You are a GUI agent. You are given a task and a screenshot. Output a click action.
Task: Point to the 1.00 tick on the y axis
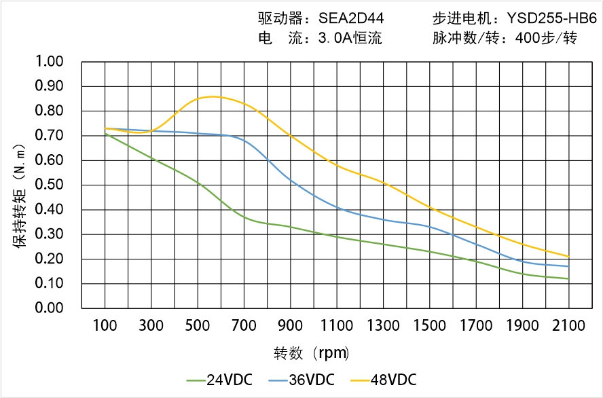(x=48, y=62)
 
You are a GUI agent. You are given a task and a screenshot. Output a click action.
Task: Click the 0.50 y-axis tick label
(x=48, y=185)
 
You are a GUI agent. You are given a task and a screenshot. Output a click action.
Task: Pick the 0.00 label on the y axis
(x=48, y=308)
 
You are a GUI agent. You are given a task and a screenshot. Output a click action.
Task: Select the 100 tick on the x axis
(x=105, y=326)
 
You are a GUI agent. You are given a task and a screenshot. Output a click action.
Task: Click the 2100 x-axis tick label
(x=568, y=326)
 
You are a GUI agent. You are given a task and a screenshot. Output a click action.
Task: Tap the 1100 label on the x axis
(x=337, y=326)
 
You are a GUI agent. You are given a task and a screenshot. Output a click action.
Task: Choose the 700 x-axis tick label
(x=244, y=326)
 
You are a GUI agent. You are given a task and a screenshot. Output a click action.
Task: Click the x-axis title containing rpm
(x=312, y=353)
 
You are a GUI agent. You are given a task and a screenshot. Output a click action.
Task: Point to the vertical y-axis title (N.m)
(x=21, y=197)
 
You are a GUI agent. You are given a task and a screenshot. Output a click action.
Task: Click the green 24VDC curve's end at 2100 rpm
(x=568, y=278)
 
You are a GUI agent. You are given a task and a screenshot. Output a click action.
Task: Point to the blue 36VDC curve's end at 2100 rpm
(x=568, y=266)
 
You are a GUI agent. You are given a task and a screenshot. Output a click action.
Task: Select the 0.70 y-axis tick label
(x=48, y=136)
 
